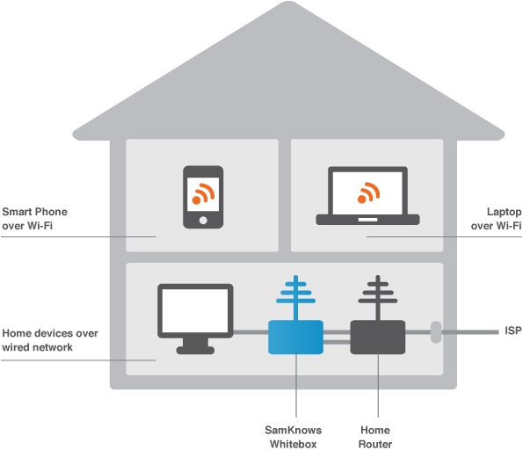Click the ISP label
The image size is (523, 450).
tap(513, 330)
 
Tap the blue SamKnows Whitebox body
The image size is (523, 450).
tap(295, 337)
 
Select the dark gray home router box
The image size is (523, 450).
tap(378, 337)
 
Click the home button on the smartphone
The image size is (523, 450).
tap(203, 220)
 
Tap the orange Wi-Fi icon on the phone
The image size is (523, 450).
tap(203, 194)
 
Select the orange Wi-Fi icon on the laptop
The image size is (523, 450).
tap(368, 192)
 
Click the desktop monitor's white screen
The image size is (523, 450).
tap(195, 310)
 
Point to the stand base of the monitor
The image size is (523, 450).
tap(195, 350)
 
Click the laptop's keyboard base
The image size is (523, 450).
tap(368, 220)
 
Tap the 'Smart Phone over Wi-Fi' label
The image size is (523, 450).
tap(34, 219)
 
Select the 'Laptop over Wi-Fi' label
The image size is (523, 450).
tap(496, 219)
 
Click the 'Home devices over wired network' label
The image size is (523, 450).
tap(50, 340)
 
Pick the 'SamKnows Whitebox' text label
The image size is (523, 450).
tap(294, 437)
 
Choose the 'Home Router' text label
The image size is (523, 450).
tap(375, 437)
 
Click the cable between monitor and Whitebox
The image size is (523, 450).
tap(251, 332)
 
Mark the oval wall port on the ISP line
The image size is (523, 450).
tap(436, 332)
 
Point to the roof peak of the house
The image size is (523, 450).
tap(288, 3)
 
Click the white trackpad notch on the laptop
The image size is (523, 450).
tap(368, 220)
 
